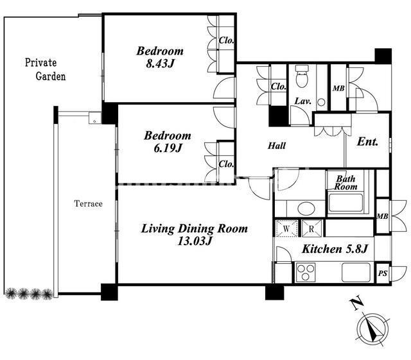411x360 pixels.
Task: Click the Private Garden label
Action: pyautogui.click(x=45, y=69)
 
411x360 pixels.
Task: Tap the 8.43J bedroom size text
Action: pyautogui.click(x=160, y=64)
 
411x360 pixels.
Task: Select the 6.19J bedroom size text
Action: pyautogui.click(x=168, y=148)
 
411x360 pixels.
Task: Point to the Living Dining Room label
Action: pyautogui.click(x=194, y=228)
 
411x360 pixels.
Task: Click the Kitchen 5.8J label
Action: pyautogui.click(x=335, y=249)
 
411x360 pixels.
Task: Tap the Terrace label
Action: pyautogui.click(x=89, y=203)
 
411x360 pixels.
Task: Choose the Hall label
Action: pyautogui.click(x=277, y=146)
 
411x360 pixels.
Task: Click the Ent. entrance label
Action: pyautogui.click(x=368, y=142)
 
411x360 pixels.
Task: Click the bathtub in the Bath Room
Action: pyautogui.click(x=345, y=203)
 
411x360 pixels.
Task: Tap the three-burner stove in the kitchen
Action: pyautogui.click(x=306, y=272)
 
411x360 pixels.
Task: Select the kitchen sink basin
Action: pyautogui.click(x=356, y=272)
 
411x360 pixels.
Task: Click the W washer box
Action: pyautogui.click(x=286, y=228)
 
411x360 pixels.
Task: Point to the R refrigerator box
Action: pyautogui.click(x=311, y=228)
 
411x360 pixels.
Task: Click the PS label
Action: pyautogui.click(x=383, y=273)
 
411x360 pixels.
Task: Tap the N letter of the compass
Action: pyautogui.click(x=357, y=304)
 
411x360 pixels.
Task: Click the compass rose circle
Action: pyautogui.click(x=373, y=329)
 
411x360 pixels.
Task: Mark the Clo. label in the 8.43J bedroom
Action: pyautogui.click(x=226, y=40)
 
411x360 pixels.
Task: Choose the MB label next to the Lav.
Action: pyautogui.click(x=338, y=89)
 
